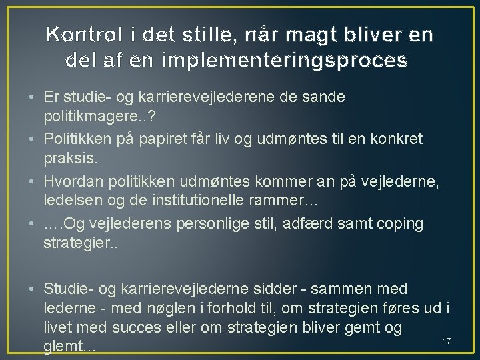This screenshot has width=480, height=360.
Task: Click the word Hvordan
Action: tap(71, 181)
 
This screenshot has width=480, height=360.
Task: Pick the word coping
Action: tap(399, 223)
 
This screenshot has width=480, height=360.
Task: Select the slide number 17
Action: tap(447, 341)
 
